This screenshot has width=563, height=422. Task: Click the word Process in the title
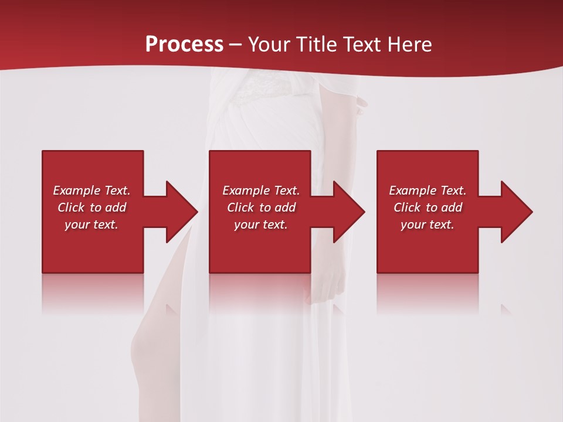click(184, 45)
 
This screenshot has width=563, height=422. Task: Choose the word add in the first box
click(116, 207)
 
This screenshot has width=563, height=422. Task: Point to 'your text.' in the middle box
click(260, 224)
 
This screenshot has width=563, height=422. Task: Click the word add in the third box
click(452, 207)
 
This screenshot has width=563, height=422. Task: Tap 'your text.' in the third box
click(427, 224)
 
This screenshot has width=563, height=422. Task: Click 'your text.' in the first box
click(91, 224)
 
